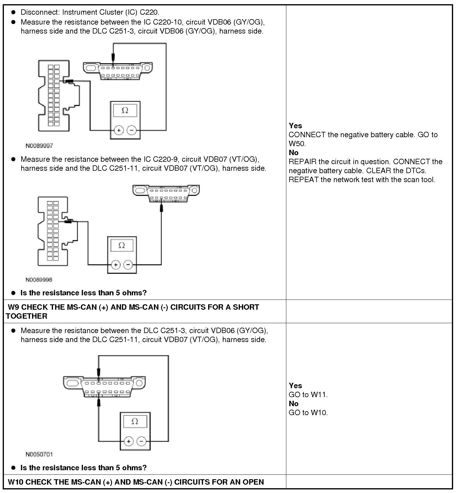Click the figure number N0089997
point(39,146)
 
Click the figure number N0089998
point(39,280)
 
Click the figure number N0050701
point(39,454)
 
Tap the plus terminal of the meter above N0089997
point(119,130)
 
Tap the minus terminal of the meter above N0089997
point(132,130)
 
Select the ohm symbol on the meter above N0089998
point(122,245)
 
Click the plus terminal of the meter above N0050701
point(128,441)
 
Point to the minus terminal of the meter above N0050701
point(141,441)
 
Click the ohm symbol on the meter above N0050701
point(135,421)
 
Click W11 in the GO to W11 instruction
point(319,395)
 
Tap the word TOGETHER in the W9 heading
point(26,316)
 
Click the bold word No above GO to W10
point(293,404)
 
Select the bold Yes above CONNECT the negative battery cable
point(295,126)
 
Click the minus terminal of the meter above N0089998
point(128,265)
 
